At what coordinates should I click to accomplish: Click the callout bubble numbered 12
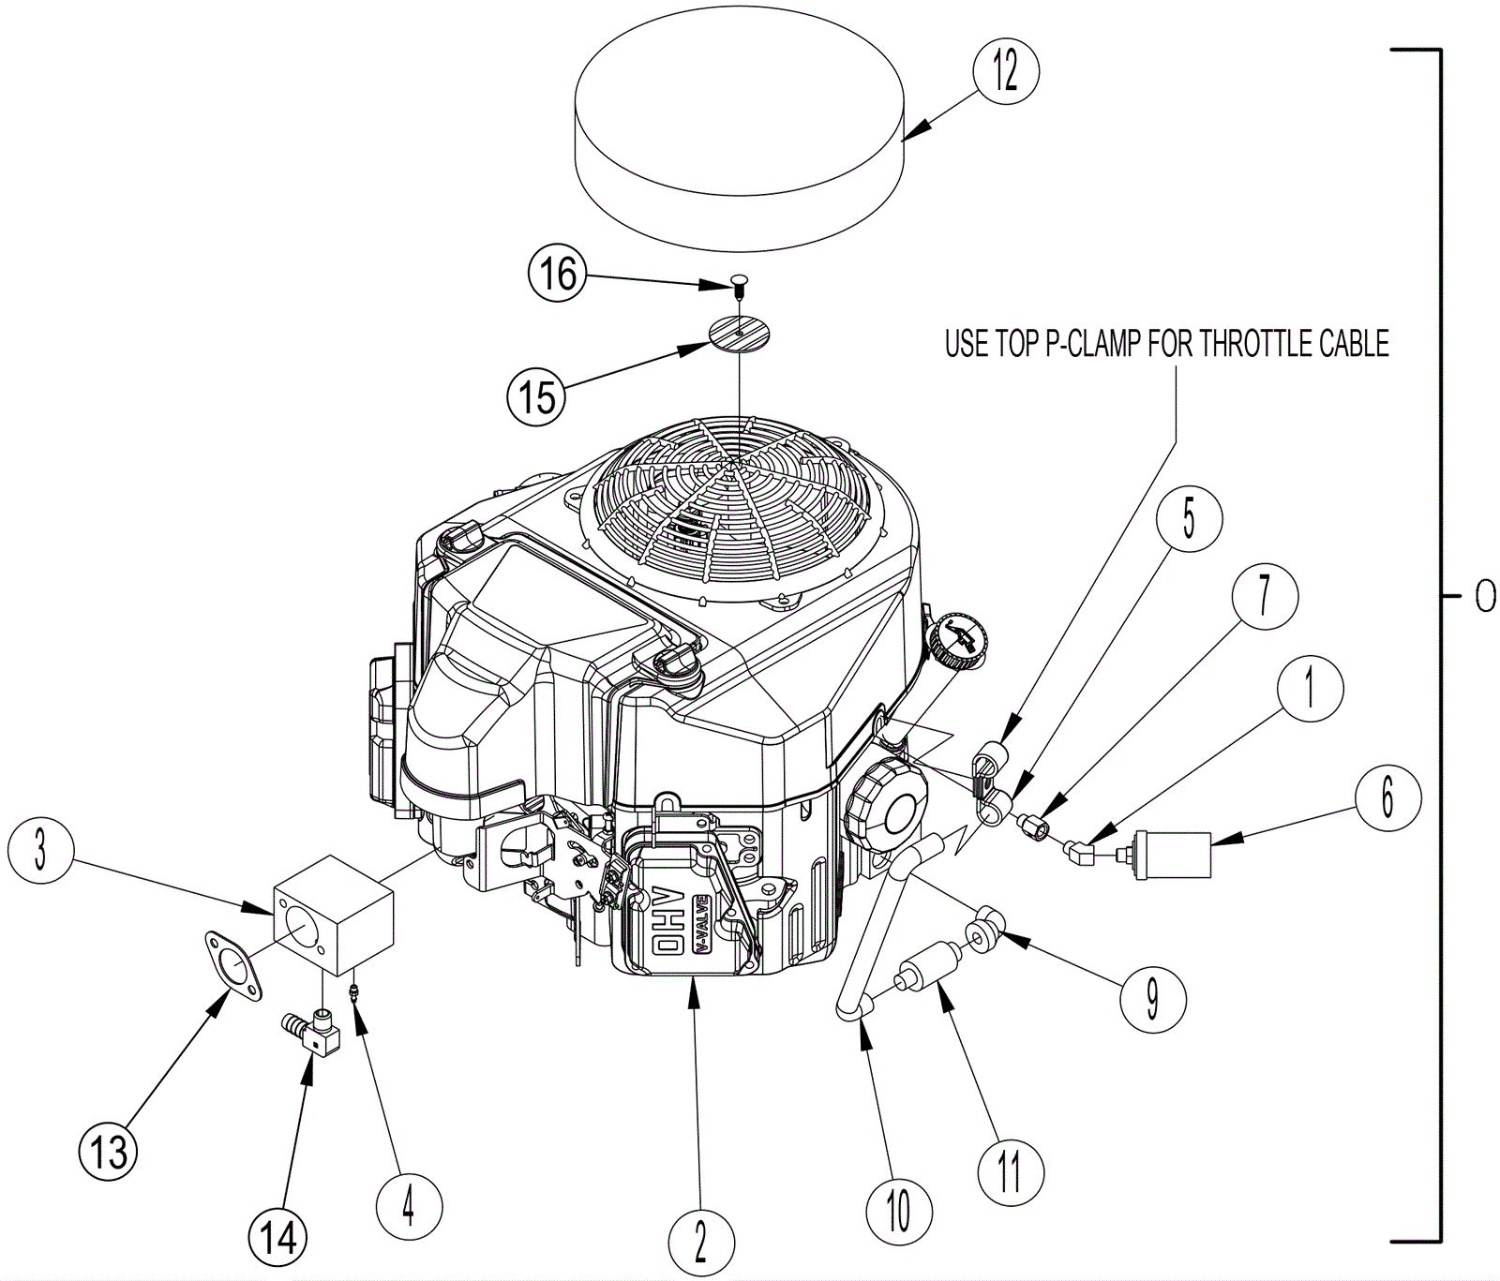tap(1006, 71)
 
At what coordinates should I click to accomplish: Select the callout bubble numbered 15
tap(537, 395)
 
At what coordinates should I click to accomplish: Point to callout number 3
tap(39, 853)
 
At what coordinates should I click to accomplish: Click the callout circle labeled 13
tap(109, 1151)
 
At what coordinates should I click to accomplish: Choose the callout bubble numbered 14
tap(278, 1237)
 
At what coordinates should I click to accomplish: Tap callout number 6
tap(1387, 797)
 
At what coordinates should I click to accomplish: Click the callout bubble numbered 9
tap(1153, 1000)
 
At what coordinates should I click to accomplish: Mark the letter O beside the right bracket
tap(1485, 596)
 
